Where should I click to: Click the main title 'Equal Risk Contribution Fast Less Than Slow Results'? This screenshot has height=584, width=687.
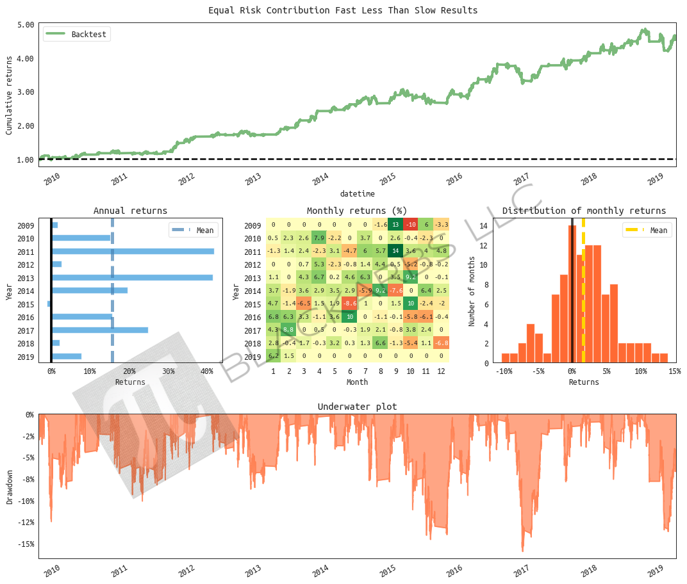click(343, 10)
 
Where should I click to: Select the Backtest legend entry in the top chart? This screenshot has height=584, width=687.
click(77, 34)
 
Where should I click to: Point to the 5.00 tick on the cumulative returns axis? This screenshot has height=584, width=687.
click(26, 25)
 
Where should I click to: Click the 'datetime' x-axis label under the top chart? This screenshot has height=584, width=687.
click(357, 193)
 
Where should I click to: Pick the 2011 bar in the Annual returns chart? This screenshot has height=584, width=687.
click(133, 251)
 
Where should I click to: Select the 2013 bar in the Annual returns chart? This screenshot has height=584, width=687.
click(132, 277)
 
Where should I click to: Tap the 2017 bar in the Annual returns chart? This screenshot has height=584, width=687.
click(99, 330)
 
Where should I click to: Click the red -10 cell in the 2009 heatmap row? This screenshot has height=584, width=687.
click(411, 225)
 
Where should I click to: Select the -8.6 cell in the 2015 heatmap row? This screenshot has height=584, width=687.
click(349, 304)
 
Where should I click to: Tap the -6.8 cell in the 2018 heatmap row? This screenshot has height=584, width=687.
click(442, 343)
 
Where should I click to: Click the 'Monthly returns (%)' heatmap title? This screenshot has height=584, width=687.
click(357, 211)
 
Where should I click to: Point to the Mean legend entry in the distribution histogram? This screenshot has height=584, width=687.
click(647, 231)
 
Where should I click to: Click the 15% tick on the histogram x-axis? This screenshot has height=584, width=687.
click(674, 371)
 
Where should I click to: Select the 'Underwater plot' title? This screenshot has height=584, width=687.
click(357, 407)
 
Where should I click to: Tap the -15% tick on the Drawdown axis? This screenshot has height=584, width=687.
click(26, 544)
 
